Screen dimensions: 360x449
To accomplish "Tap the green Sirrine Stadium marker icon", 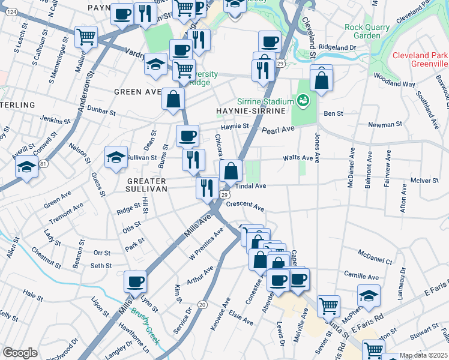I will click(303, 100).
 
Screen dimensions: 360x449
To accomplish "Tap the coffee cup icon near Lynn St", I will click(135, 281).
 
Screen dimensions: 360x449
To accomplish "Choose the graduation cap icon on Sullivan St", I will click(116, 157).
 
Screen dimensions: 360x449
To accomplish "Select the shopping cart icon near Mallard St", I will click(86, 37).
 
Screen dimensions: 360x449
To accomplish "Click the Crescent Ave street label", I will click(246, 206).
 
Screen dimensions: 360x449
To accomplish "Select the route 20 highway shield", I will click(203, 305).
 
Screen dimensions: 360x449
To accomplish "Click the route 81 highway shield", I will click(43, 163).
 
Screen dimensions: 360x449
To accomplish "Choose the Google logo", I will click(20, 353).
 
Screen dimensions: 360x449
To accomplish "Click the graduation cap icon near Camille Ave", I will click(369, 294).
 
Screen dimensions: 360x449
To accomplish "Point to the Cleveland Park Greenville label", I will click(420, 59).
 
